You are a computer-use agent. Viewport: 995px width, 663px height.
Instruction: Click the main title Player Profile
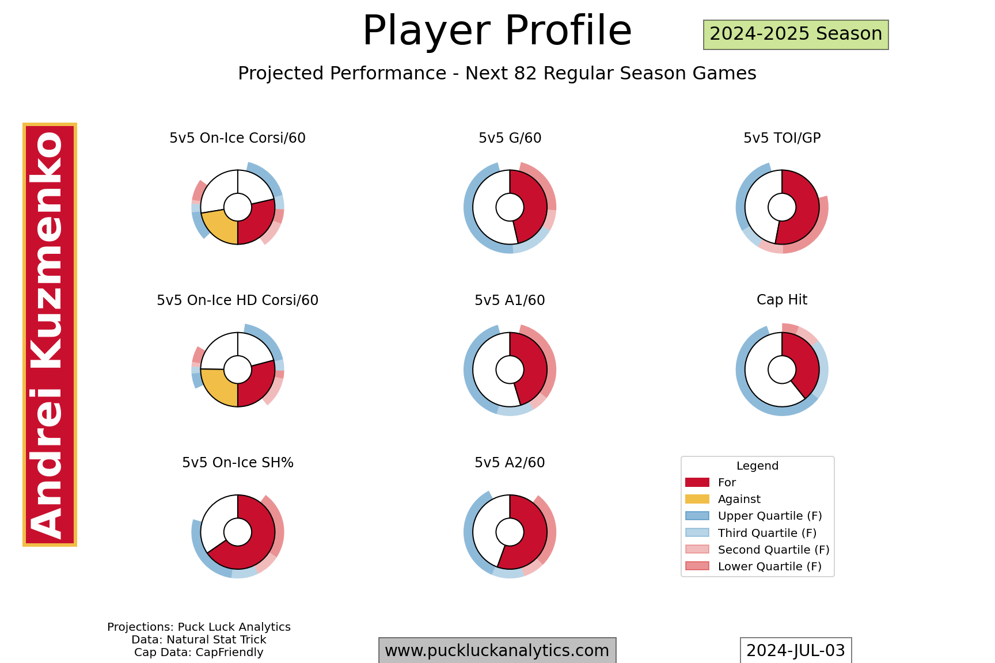coord(497,31)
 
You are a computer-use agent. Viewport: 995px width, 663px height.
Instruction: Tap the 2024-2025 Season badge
coord(796,35)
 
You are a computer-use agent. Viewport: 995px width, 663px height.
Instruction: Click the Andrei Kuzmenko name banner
coord(50,334)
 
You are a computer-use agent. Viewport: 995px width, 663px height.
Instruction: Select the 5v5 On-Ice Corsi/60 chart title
coord(237,138)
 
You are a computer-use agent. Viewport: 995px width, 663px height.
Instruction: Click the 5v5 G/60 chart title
coord(510,138)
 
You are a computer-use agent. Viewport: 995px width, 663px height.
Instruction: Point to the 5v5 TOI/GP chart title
coord(782,138)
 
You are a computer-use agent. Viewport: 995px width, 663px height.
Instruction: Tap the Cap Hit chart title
coord(782,300)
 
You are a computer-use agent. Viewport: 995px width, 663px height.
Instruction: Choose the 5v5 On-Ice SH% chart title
coord(238,463)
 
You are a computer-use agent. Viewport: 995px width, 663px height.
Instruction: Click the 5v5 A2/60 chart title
coord(510,463)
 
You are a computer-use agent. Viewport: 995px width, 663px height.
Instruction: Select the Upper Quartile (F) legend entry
coord(754,516)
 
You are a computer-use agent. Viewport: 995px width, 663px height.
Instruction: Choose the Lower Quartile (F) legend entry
coord(754,566)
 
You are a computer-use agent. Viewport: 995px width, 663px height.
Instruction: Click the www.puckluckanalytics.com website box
coord(497,650)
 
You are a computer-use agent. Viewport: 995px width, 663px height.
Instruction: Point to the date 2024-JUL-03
coord(796,650)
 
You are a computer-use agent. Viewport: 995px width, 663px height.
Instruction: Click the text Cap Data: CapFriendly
coord(199,653)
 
